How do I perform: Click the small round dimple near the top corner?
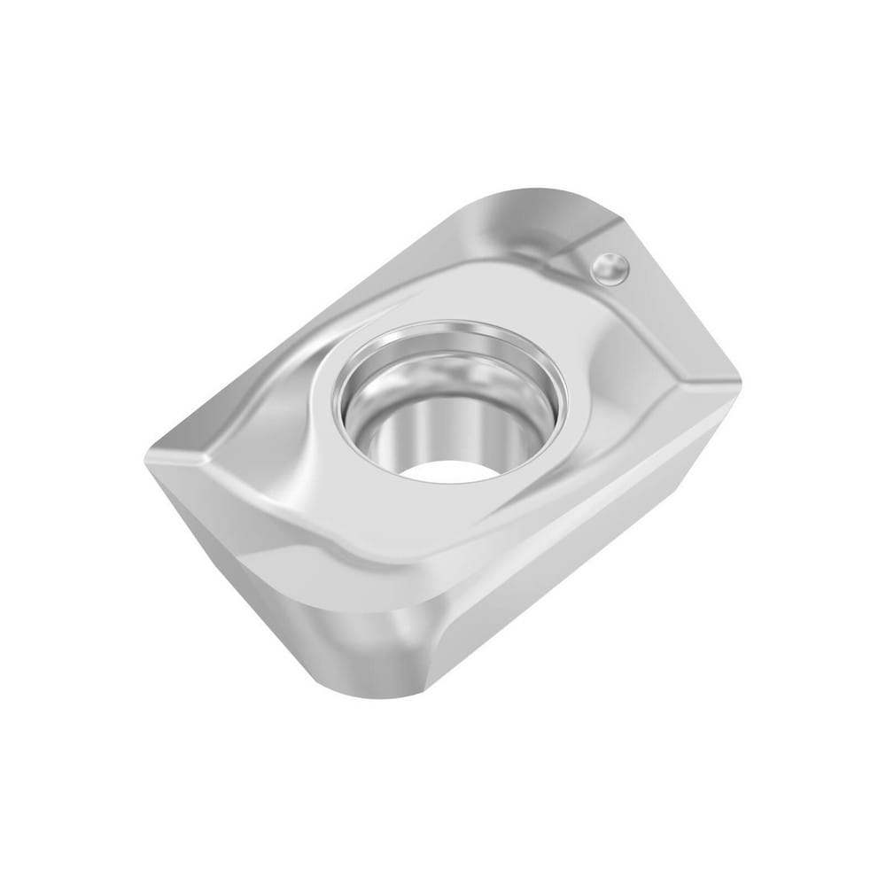coord(610,267)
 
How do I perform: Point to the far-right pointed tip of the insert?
coord(738,385)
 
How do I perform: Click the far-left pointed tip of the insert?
coord(148,454)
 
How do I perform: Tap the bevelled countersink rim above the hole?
coord(452,337)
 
